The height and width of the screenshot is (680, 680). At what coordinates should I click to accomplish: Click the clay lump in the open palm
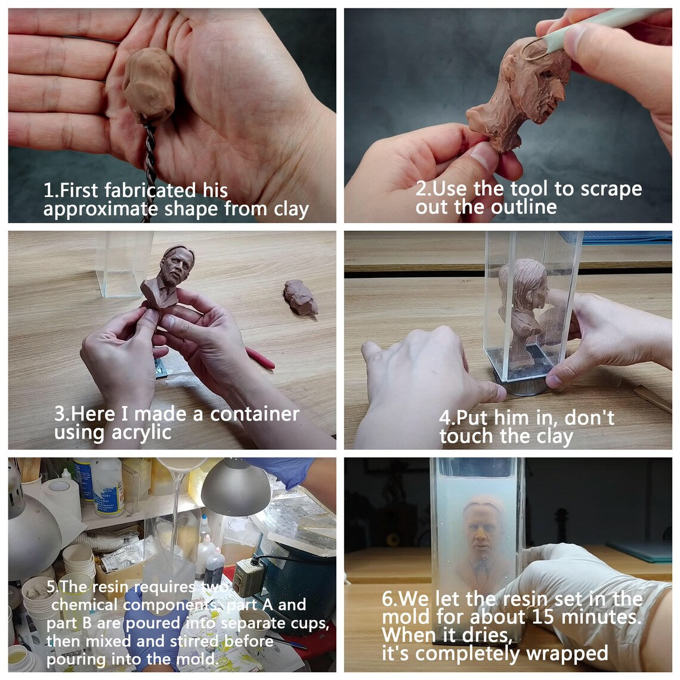click(x=149, y=85)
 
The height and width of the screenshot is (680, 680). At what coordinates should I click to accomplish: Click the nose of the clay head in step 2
click(x=561, y=91)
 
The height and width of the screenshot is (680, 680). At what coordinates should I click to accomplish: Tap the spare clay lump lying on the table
click(x=301, y=297)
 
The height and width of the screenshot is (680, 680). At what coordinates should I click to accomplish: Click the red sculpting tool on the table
click(x=260, y=358)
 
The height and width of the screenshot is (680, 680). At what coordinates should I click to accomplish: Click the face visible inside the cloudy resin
click(x=483, y=531)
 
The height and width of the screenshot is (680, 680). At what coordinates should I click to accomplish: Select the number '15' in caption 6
click(x=543, y=617)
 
